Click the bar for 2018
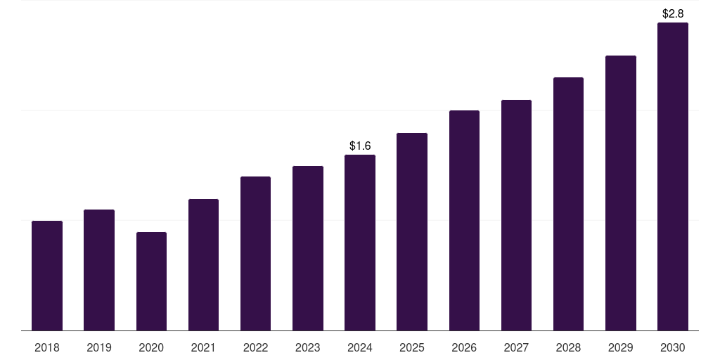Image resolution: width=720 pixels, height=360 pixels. [x=47, y=276]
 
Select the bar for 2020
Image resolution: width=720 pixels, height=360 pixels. [x=151, y=281]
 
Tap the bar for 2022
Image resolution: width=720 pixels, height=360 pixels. [x=255, y=253]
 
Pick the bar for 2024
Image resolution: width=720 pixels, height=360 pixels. [x=360, y=243]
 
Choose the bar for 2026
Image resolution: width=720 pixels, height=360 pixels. [x=464, y=220]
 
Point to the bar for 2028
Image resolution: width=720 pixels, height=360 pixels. [x=568, y=204]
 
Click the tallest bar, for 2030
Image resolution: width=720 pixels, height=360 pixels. [x=672, y=176]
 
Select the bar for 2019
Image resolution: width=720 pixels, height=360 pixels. [x=99, y=270]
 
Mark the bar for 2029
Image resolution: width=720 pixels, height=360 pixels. [x=620, y=193]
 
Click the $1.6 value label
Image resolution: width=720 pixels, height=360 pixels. [x=360, y=146]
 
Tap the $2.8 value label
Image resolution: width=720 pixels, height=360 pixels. [x=673, y=14]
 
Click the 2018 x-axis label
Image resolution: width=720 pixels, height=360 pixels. [x=47, y=347]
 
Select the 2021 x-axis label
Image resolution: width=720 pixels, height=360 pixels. [x=203, y=347]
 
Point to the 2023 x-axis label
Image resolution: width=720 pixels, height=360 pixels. [x=308, y=347]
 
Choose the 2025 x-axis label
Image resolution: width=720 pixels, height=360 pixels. [x=412, y=347]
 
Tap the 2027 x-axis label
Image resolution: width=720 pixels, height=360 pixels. [x=516, y=347]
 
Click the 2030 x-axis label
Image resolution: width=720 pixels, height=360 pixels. [x=673, y=347]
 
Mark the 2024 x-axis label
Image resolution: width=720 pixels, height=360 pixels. [x=360, y=347]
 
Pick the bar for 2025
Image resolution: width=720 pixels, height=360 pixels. [x=412, y=231]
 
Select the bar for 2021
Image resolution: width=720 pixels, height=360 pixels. [x=203, y=264]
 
